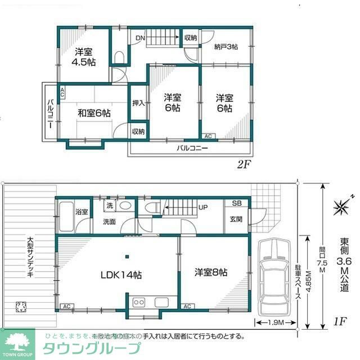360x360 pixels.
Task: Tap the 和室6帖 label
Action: [94, 113]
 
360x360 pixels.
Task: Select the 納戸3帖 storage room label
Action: [226, 47]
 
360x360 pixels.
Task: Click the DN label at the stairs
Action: [141, 38]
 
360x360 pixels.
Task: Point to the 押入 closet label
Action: [138, 103]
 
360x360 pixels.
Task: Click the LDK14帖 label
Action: [121, 275]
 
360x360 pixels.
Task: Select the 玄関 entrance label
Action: [236, 220]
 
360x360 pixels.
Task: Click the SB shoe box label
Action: [237, 204]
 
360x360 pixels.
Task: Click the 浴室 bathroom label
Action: [82, 211]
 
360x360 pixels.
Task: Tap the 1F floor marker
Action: [338, 322]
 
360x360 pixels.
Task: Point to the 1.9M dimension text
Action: [272, 322]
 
